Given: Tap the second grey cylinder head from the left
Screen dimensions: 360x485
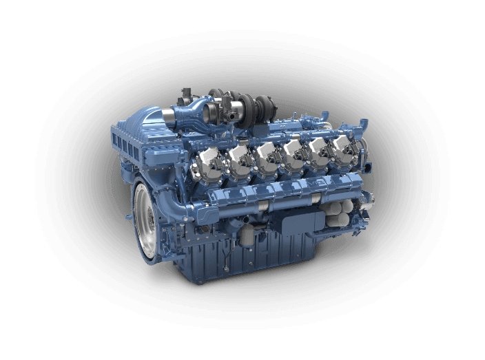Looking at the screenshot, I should [x=239, y=156].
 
